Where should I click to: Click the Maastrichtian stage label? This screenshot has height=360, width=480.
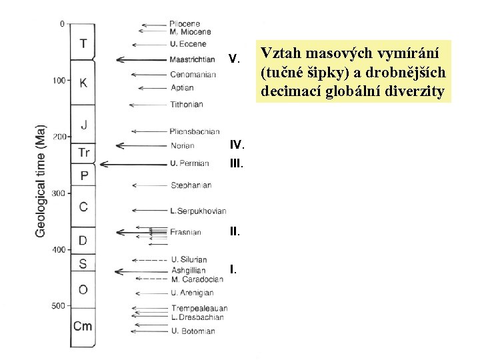192,60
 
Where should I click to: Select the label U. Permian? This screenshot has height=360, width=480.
189,163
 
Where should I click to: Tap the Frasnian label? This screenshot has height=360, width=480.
186,233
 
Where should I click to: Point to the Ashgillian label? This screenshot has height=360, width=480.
188,271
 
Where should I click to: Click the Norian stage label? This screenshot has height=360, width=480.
182,146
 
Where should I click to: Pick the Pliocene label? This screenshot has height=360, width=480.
185,24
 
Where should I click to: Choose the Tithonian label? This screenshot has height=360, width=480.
186,105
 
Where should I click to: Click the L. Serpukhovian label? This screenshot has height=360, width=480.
198,211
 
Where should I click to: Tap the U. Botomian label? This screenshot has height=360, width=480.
193,331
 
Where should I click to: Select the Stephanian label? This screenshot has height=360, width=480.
191,185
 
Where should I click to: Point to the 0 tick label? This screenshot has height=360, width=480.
62,24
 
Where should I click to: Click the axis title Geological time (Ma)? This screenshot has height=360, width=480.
41,181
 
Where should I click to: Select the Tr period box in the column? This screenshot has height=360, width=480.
83,153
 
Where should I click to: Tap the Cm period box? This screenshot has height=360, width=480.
83,326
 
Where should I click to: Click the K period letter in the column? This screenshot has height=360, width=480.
83,83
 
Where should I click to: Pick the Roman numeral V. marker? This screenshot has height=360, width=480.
233,59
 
